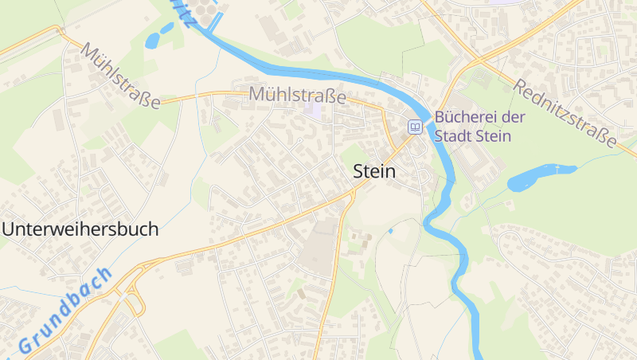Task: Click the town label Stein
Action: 373,171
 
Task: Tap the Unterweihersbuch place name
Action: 80,229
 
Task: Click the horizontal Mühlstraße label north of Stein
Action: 297,95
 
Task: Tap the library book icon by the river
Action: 415,127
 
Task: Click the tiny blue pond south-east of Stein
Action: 390,231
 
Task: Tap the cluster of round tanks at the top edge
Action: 205,10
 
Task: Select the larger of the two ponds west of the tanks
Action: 151,41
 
